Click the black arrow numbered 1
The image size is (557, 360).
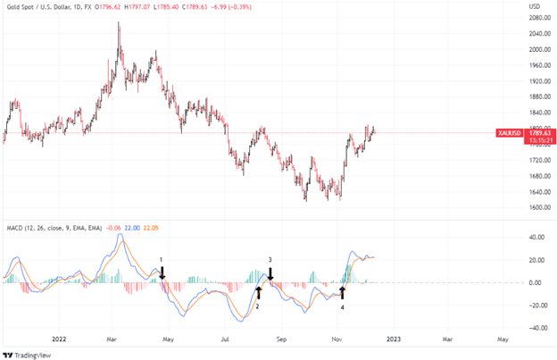tap(162, 272)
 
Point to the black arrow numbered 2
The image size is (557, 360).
tap(259, 291)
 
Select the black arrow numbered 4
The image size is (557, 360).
tap(343, 292)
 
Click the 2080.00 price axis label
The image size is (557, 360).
tap(536, 33)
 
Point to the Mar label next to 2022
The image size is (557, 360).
tap(112, 339)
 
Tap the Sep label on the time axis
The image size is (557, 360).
tap(282, 339)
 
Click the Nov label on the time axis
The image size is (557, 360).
tap(337, 339)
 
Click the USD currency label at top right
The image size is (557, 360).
tap(536, 6)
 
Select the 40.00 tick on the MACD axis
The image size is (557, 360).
tap(536, 238)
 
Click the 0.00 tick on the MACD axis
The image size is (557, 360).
tap(537, 282)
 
